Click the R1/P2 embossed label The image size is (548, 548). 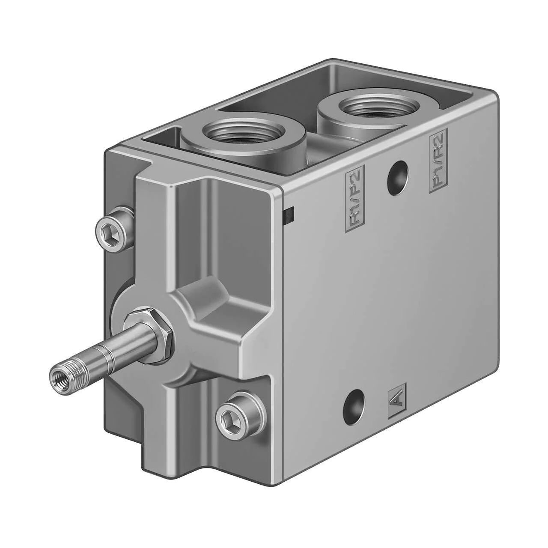(354, 198)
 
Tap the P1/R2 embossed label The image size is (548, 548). (438, 161)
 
